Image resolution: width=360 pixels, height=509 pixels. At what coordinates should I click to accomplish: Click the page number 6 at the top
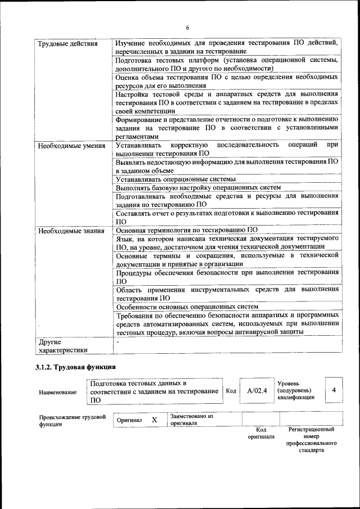click(x=188, y=28)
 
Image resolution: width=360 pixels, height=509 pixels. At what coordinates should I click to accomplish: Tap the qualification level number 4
click(x=334, y=390)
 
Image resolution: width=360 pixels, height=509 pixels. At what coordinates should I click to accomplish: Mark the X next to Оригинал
click(x=154, y=420)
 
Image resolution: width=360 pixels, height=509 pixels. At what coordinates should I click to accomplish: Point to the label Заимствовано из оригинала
click(x=192, y=420)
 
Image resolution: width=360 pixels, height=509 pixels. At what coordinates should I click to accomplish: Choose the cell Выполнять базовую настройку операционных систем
click(x=198, y=187)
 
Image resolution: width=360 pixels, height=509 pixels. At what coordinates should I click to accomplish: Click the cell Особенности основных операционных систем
click(x=187, y=307)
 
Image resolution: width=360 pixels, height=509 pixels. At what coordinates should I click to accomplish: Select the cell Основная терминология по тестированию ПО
click(x=186, y=229)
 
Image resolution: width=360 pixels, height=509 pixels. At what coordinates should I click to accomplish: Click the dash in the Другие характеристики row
click(x=118, y=341)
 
